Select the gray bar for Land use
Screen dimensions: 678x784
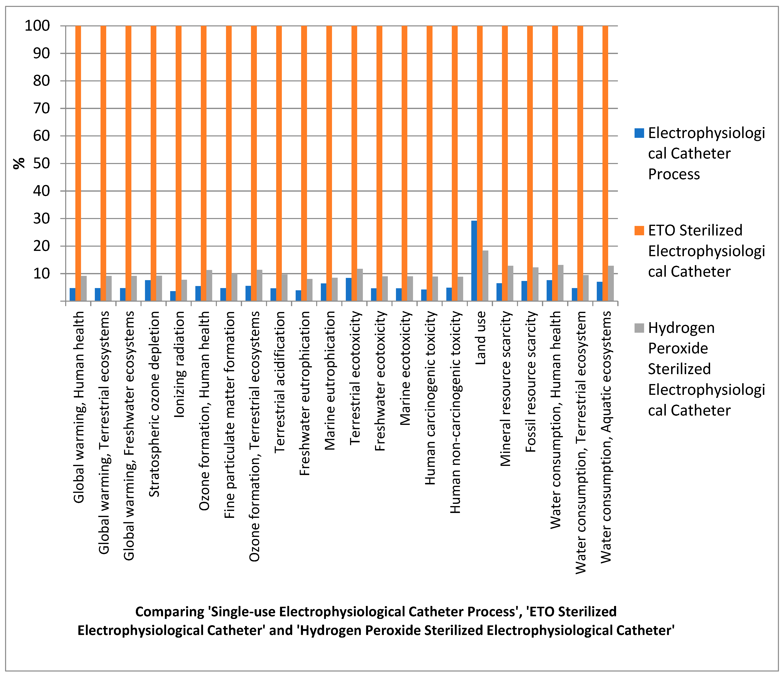point(485,275)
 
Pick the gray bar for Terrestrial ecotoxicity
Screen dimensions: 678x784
point(360,285)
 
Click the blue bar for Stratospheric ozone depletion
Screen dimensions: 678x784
point(148,290)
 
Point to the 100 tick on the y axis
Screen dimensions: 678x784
point(37,26)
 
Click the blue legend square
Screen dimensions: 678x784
point(639,133)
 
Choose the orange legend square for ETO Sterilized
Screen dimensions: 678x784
point(639,230)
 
